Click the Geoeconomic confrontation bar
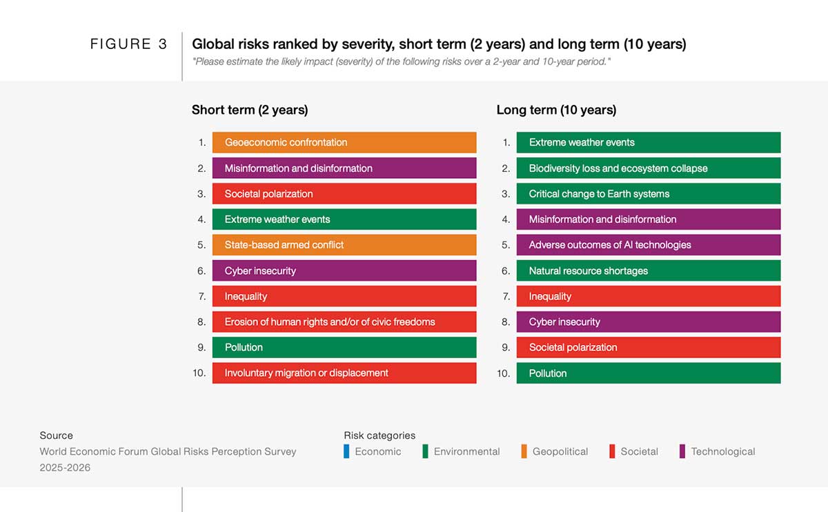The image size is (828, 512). click(x=344, y=142)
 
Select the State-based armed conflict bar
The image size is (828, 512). click(x=344, y=245)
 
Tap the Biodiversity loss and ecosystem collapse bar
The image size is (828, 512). click(x=648, y=168)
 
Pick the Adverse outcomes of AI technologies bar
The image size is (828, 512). click(x=648, y=245)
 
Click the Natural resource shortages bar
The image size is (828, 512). click(x=648, y=270)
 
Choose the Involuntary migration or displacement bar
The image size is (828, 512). click(x=344, y=373)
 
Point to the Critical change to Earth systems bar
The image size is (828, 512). click(x=648, y=194)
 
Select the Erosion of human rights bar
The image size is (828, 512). click(x=344, y=322)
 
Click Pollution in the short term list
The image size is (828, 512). click(x=344, y=347)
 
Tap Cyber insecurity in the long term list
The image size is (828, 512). click(x=648, y=322)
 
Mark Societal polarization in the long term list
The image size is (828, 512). click(x=648, y=347)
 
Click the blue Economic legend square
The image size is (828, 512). click(x=347, y=451)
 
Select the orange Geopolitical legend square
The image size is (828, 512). click(x=524, y=451)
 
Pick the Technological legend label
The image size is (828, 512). click(x=722, y=451)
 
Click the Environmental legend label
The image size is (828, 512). click(x=466, y=451)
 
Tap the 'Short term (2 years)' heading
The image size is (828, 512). click(x=250, y=110)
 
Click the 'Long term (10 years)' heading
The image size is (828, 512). click(x=556, y=110)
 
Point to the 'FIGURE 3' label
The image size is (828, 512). click(x=128, y=44)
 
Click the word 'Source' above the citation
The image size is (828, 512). click(x=56, y=435)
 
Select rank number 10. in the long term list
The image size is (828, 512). click(x=503, y=373)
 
